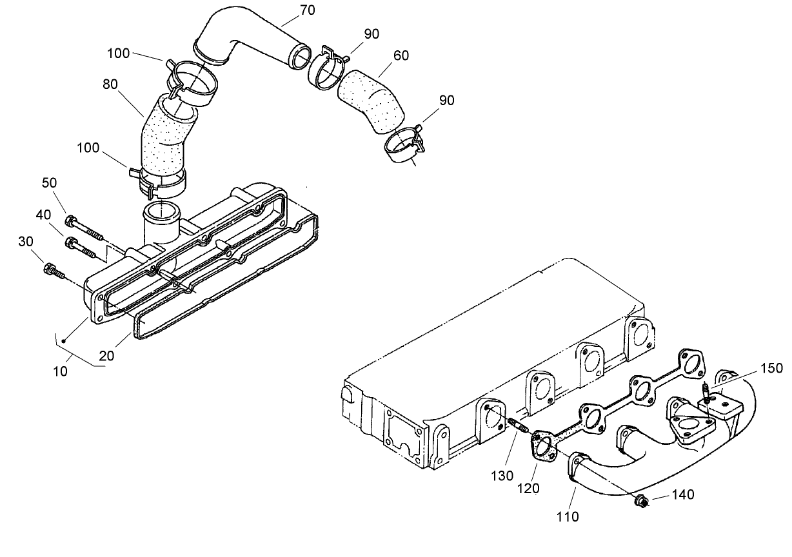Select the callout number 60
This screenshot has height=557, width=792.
[x=401, y=56]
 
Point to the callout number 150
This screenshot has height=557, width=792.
[x=771, y=368]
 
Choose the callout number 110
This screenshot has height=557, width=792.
[x=568, y=516]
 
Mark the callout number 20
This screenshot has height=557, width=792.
[x=107, y=355]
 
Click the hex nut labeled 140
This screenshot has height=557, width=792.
[x=642, y=500]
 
